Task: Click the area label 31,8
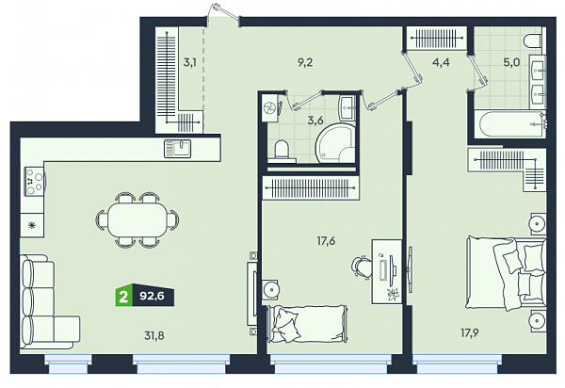(x=154, y=336)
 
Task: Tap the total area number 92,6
(x=152, y=296)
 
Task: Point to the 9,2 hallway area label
(x=305, y=62)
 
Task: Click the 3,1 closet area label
(x=190, y=62)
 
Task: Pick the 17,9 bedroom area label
(x=470, y=332)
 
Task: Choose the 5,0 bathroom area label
(x=511, y=62)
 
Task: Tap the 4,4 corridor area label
(x=441, y=62)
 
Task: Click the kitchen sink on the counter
(x=178, y=149)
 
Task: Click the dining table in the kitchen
(x=137, y=219)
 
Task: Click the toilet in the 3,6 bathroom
(x=282, y=150)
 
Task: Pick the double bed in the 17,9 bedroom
(x=506, y=273)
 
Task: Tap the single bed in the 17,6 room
(x=307, y=324)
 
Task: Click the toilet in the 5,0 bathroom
(x=532, y=41)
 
